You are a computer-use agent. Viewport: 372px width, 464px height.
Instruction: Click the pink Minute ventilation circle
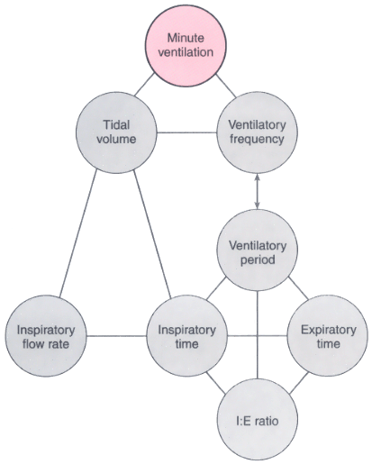coord(186,46)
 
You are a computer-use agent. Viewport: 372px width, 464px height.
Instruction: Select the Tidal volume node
coord(116,132)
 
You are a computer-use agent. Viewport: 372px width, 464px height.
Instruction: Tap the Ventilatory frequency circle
coord(257,132)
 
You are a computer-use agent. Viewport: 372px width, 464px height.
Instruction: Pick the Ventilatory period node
coord(258,250)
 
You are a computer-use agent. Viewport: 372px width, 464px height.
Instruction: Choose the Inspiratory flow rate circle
coord(46,336)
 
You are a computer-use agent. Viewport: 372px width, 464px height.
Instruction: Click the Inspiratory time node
coord(186,336)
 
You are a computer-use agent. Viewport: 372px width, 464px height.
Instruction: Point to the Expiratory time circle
coord(328,336)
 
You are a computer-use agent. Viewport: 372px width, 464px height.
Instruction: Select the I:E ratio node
coord(258,420)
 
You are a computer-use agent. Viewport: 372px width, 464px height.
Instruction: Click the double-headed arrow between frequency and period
coord(257,191)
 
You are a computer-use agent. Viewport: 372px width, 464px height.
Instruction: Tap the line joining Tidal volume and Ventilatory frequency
coord(186,132)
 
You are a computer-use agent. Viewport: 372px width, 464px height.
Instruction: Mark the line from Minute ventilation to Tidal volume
coord(144,85)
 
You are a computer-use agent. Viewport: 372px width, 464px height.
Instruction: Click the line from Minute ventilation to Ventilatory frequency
coord(226,86)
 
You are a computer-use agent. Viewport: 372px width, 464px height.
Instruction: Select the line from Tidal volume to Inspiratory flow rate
coord(78,233)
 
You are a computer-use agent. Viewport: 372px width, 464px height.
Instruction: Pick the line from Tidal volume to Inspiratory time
coord(152,234)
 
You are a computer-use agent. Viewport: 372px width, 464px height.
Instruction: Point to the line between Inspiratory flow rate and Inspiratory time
coord(116,336)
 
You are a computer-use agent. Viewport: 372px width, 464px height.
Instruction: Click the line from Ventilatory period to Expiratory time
coord(298,288)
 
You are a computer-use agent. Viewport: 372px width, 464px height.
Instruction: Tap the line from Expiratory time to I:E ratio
coord(299,383)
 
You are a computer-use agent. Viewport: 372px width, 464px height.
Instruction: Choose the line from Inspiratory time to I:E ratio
coord(215,383)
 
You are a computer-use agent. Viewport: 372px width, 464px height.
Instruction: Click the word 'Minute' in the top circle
coord(186,38)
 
